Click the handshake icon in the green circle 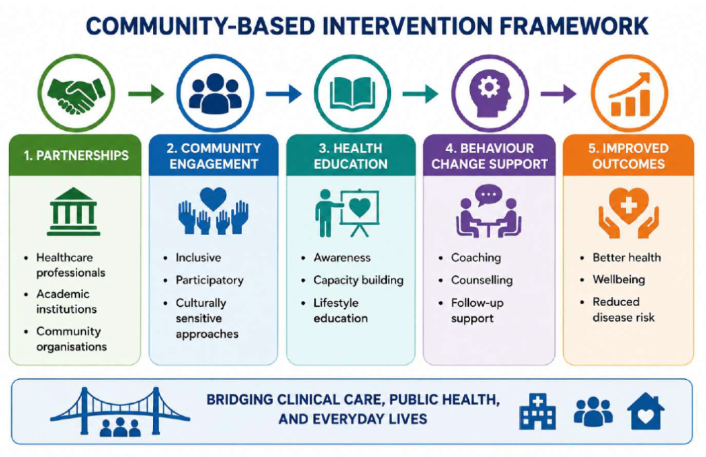[76, 95]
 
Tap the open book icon [352, 94]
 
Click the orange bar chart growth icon [629, 95]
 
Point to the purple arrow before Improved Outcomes [558, 94]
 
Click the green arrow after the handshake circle [146, 94]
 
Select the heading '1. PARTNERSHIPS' [76, 155]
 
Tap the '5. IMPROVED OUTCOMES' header [628, 156]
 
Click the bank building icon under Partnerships [73, 212]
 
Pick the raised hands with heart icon [214, 211]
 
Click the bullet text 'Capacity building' [359, 280]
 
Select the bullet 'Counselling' [482, 280]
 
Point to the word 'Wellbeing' [618, 280]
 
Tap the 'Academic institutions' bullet [66, 301]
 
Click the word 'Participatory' [210, 280]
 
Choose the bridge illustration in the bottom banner [120, 411]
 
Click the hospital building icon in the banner [537, 412]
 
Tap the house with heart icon [645, 411]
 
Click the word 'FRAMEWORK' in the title [574, 26]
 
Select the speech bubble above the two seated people [489, 195]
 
